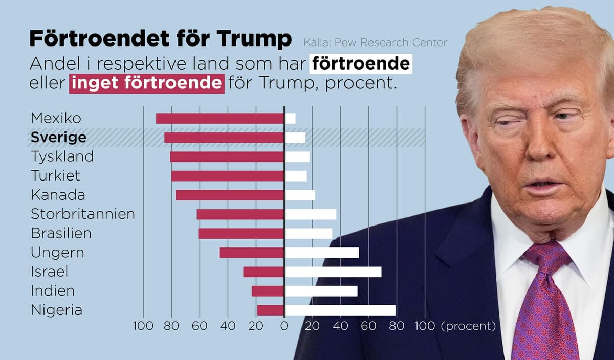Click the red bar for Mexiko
[x=220, y=118]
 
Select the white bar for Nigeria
[x=340, y=310]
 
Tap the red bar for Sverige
[x=224, y=138]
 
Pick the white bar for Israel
[x=333, y=272]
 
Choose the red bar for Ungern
[x=251, y=253]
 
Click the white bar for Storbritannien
[x=311, y=214]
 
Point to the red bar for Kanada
[x=230, y=195]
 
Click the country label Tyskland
[x=62, y=156]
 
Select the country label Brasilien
[x=61, y=233]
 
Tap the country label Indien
[x=53, y=291]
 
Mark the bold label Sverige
[x=58, y=138]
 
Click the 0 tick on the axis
[x=284, y=326]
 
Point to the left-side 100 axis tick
[x=143, y=326]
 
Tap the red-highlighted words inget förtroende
[x=147, y=83]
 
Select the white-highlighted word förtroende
[x=361, y=63]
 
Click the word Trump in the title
[x=254, y=38]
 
